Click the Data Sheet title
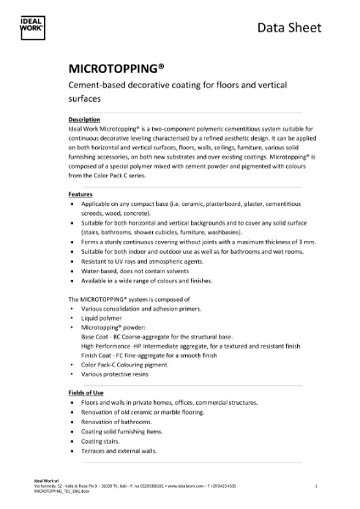click(x=287, y=28)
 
